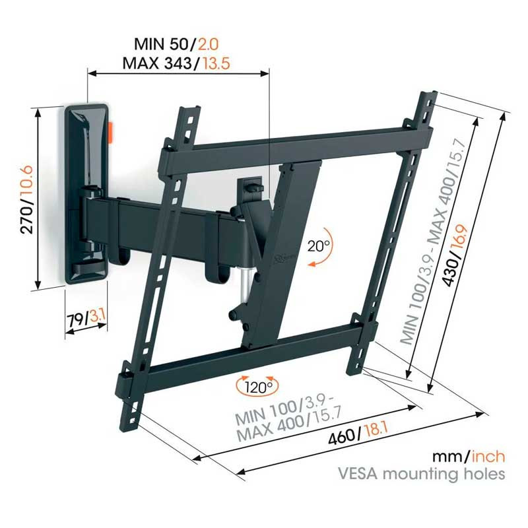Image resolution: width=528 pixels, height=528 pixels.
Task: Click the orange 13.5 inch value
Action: (x=216, y=63)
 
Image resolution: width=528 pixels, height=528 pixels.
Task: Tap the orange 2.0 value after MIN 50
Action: (x=208, y=44)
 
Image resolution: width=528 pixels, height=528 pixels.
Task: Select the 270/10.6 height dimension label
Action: (x=26, y=199)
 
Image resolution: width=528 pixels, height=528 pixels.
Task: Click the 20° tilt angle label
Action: (x=318, y=246)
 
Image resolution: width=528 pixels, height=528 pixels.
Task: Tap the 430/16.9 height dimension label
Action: (x=455, y=256)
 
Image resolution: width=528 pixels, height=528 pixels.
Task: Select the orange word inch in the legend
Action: (x=488, y=457)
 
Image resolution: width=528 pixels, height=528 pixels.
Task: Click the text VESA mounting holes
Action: (x=422, y=474)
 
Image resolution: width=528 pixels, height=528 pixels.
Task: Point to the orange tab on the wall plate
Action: (x=111, y=134)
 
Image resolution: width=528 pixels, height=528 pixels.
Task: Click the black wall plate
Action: (x=86, y=194)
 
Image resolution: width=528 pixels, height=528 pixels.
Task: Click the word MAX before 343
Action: (x=141, y=63)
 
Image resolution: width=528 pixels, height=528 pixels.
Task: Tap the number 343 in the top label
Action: (x=178, y=63)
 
